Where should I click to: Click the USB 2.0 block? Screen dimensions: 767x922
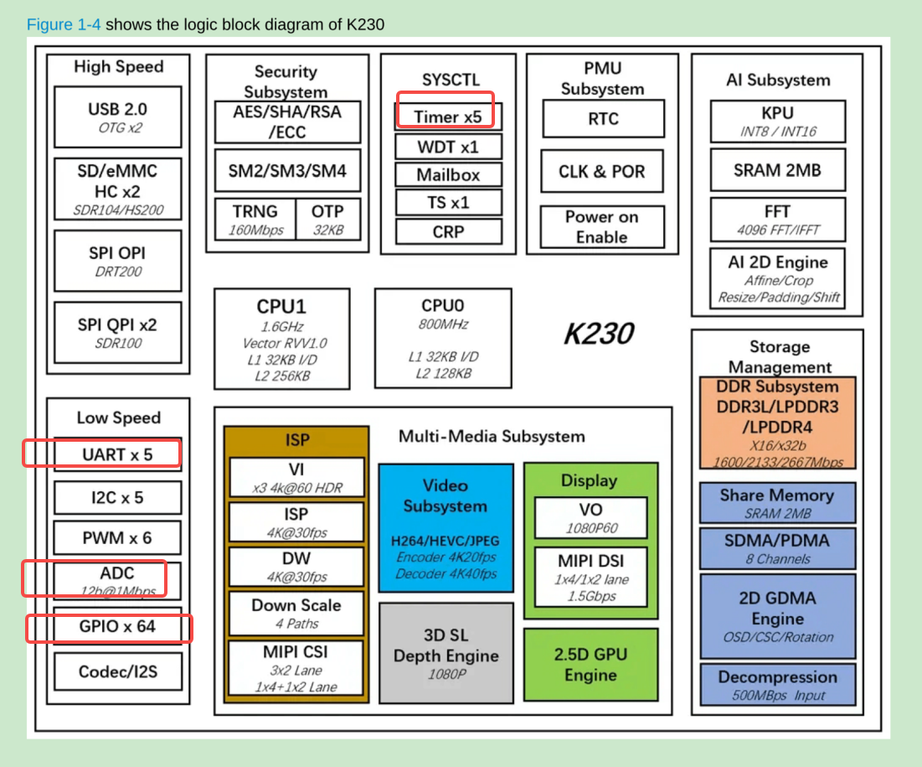pos(117,117)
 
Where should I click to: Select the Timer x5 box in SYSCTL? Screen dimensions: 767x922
pos(448,117)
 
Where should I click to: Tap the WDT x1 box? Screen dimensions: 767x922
pos(448,147)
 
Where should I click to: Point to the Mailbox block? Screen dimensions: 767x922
pos(448,174)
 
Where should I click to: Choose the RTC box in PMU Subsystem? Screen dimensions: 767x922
pos(603,118)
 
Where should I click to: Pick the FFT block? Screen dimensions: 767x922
pos(777,219)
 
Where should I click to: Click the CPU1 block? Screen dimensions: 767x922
pos(281,339)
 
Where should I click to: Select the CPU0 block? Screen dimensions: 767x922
pos(443,338)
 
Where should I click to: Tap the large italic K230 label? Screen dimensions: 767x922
pos(598,334)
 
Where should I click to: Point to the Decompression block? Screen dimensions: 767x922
pos(777,685)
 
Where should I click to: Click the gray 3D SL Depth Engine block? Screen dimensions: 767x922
pos(446,653)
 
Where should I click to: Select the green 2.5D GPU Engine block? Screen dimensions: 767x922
pos(590,665)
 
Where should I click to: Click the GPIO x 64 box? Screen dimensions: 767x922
pos(117,626)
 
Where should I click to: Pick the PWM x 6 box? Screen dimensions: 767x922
pos(117,538)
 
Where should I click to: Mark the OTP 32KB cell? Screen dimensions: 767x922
pos(327,219)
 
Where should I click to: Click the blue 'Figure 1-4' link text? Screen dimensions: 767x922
pos(64,24)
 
